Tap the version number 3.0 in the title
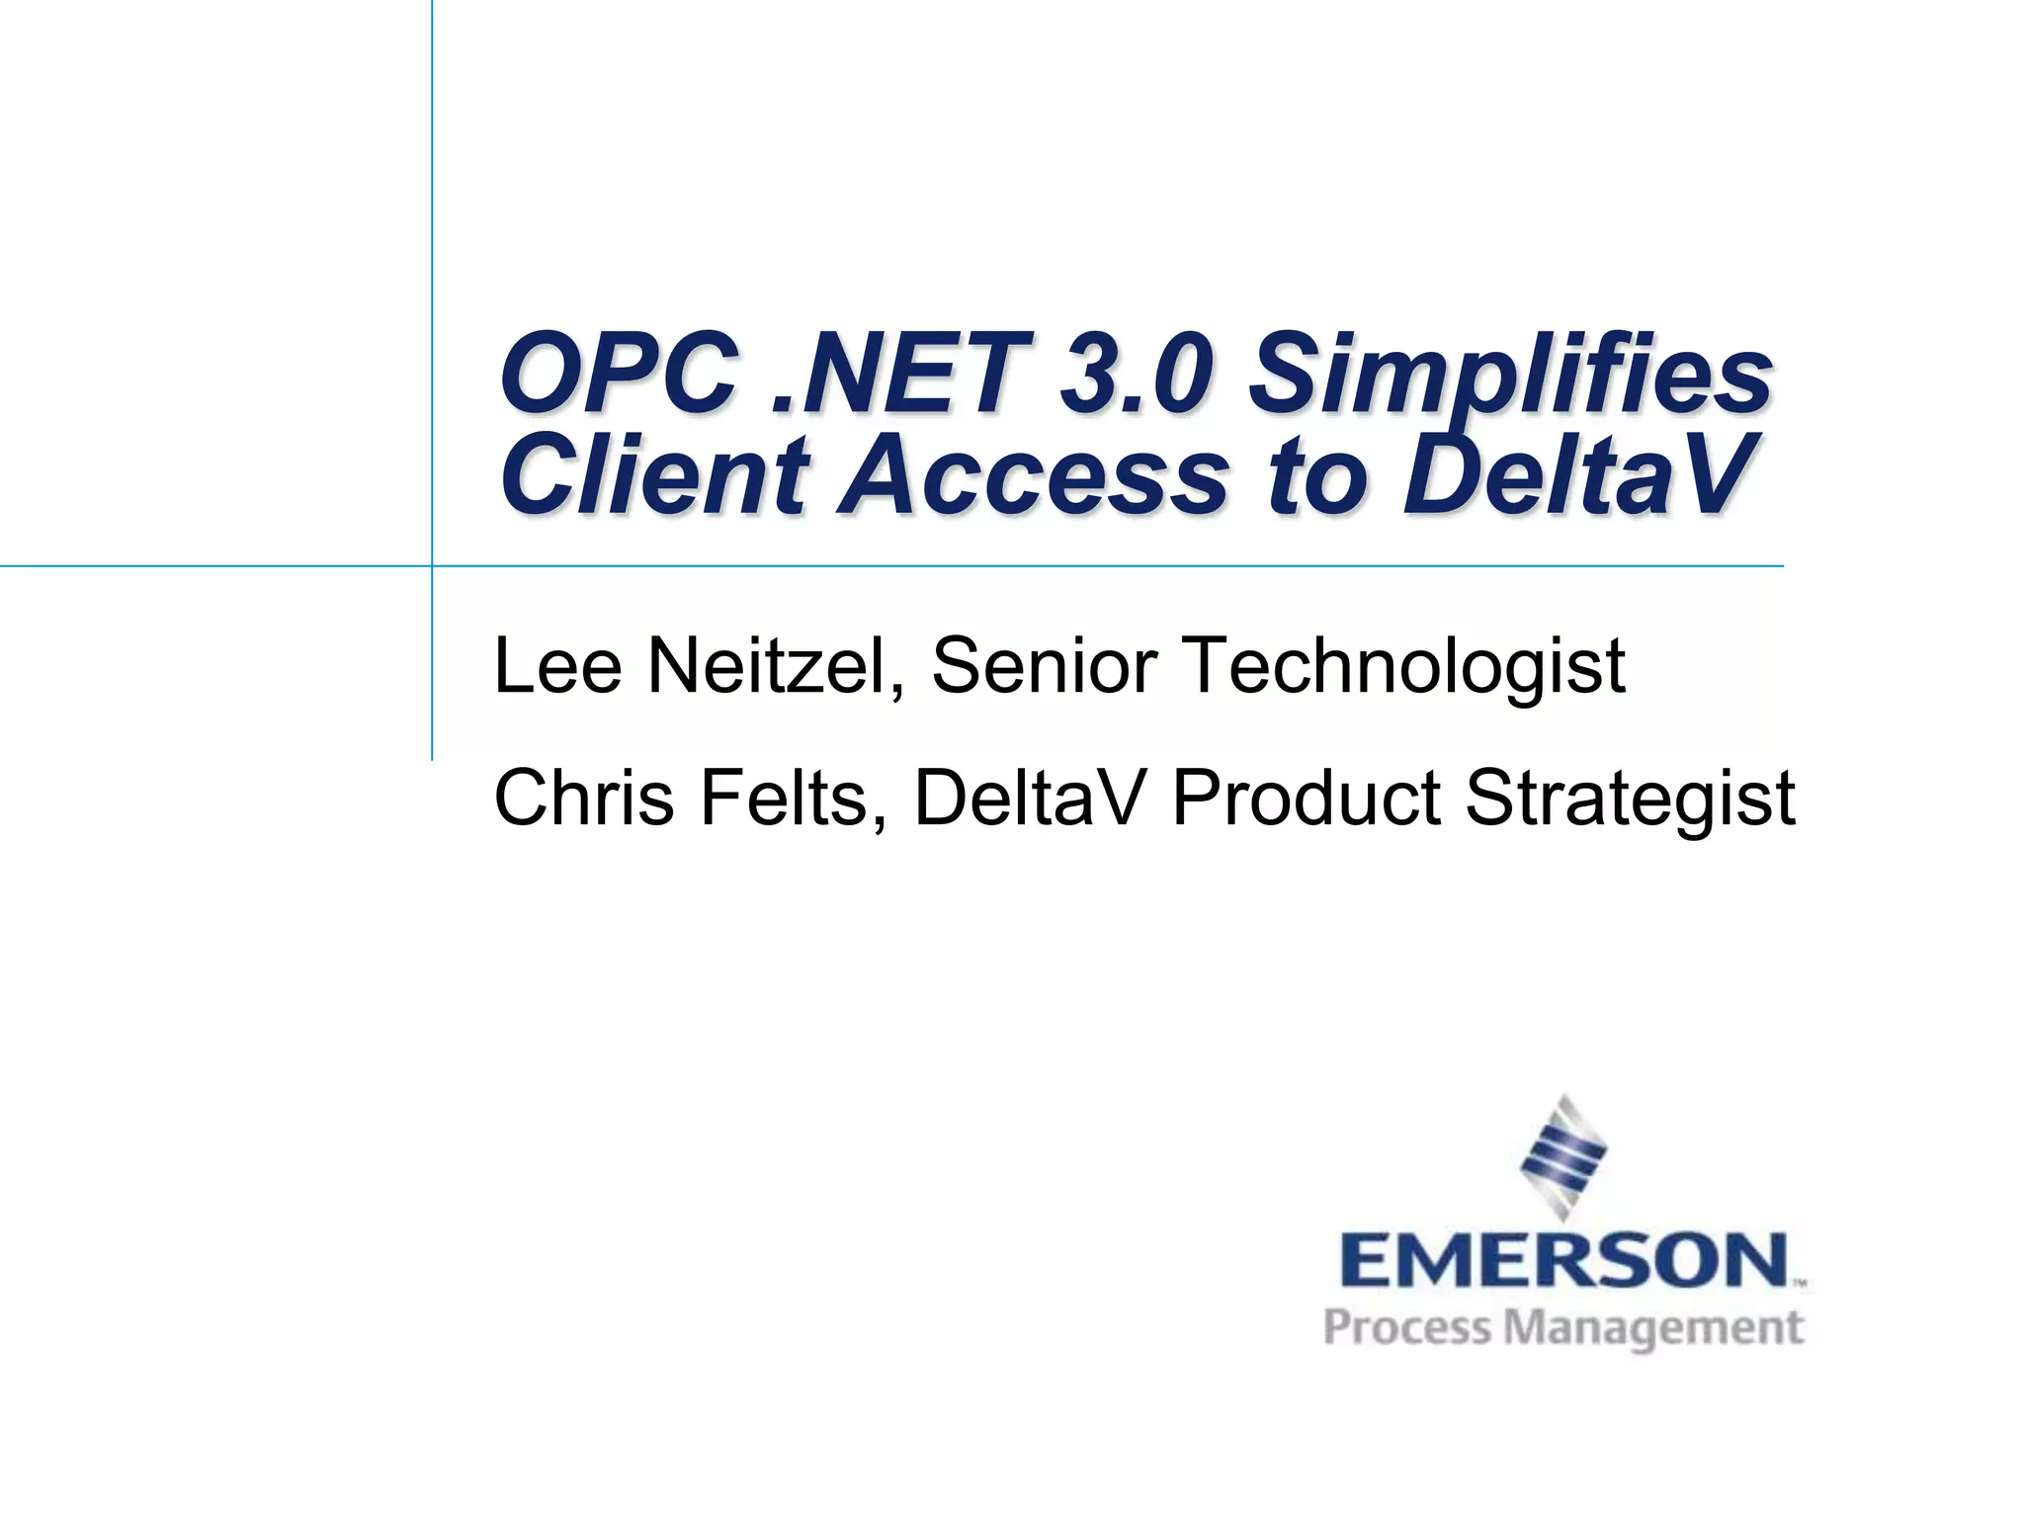coord(1134,376)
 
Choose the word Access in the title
coord(1033,476)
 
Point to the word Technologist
coord(1403,667)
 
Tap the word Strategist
coord(1630,800)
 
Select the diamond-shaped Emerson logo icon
coord(1563,1156)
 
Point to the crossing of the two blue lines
coord(432,566)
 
